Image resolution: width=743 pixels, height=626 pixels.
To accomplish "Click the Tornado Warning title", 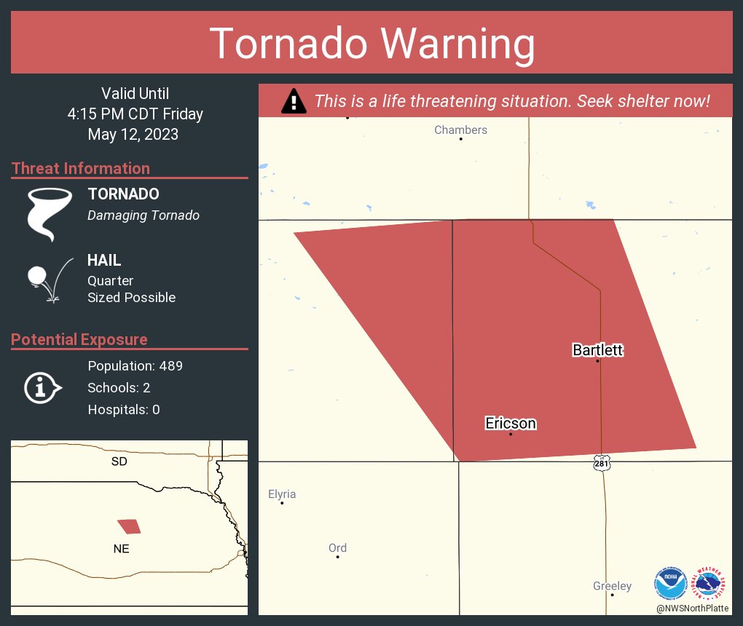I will (371, 44).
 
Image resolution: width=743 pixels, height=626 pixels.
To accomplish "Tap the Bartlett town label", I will (597, 351).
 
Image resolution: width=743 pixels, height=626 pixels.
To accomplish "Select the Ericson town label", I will (511, 424).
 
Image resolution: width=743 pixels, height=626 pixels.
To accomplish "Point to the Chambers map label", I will (460, 130).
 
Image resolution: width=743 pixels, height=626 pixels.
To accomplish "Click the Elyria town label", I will (282, 494).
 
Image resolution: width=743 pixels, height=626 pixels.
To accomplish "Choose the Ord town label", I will (337, 548).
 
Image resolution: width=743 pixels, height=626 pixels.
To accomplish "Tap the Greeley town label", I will (612, 586).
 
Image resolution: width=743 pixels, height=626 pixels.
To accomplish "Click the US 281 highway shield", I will (601, 463).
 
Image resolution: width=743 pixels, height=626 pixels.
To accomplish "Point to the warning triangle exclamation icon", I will (294, 101).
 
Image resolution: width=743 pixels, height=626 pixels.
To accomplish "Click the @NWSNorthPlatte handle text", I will (692, 608).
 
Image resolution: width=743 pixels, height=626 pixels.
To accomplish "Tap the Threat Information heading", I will (81, 169).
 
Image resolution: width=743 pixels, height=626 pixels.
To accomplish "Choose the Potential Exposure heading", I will (79, 340).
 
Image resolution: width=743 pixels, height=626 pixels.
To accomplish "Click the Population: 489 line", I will (135, 365).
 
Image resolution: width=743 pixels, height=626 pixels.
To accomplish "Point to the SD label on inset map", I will (119, 461).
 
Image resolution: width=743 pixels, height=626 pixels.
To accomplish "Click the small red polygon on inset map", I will (129, 526).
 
